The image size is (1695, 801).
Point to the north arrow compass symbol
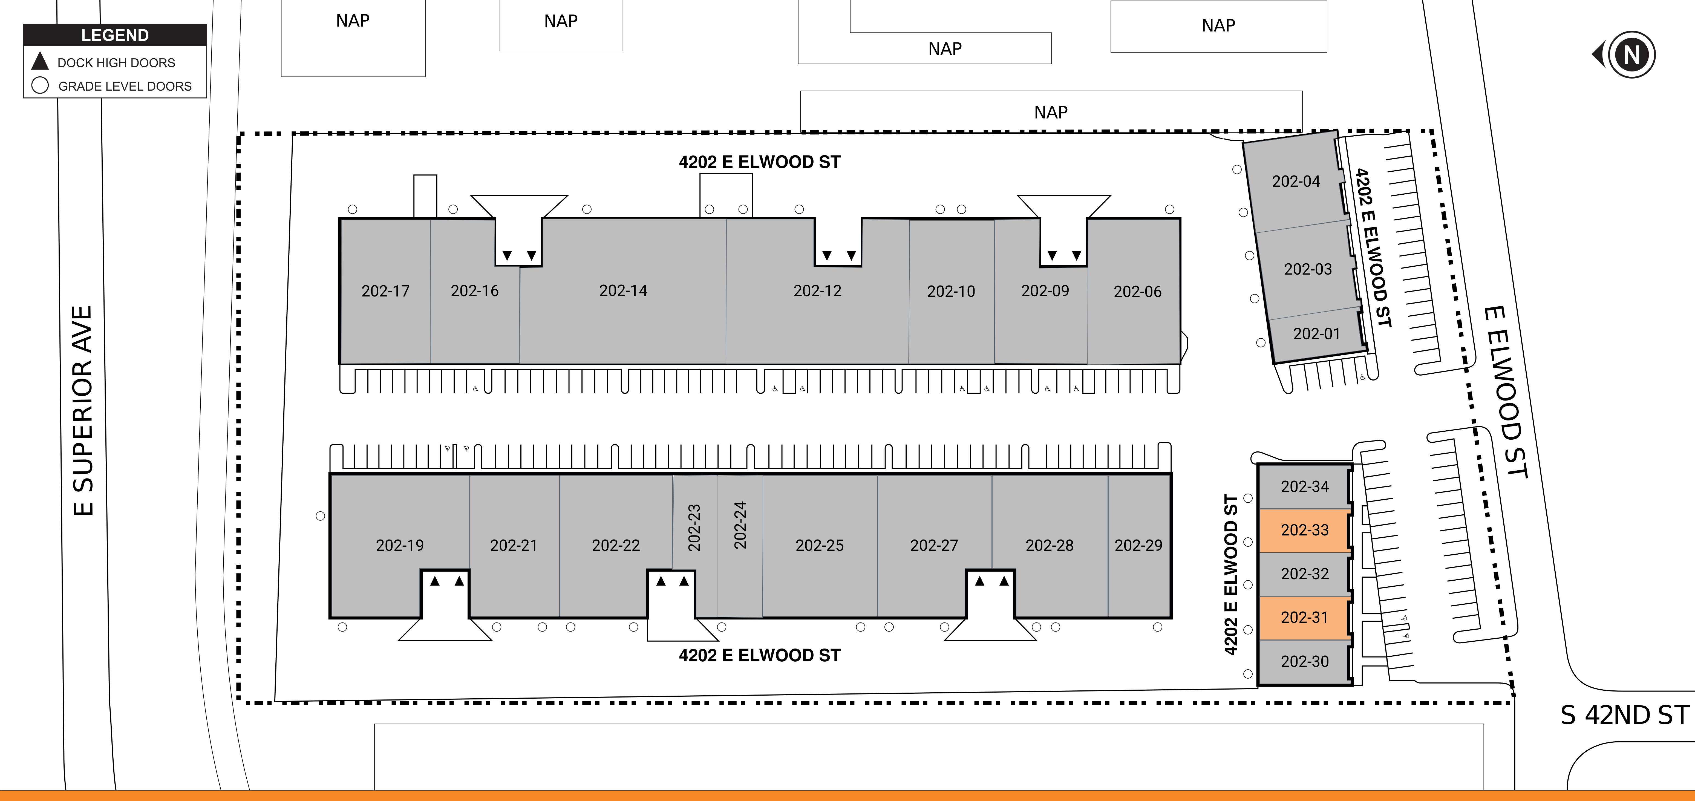coord(1625,54)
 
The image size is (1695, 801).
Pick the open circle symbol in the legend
coord(40,86)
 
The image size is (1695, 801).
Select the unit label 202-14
coord(623,290)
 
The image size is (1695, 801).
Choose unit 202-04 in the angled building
coord(1296,181)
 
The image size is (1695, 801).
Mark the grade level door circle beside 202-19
coord(321,516)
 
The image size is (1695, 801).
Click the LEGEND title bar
coord(115,35)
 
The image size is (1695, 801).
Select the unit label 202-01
coord(1316,334)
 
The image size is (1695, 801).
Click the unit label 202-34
coord(1304,486)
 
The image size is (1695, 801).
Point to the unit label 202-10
coord(951,292)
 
